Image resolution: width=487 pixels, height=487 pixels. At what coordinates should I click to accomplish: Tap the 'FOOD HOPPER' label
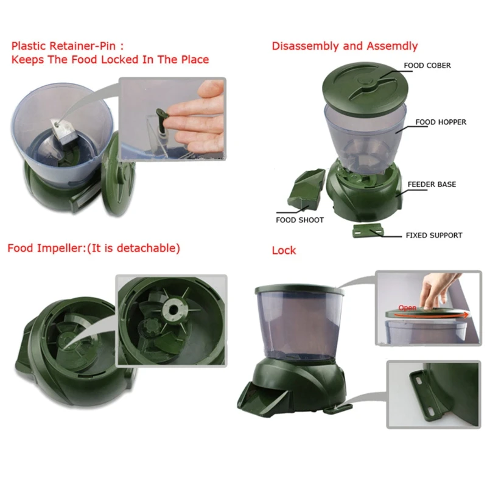tap(441, 122)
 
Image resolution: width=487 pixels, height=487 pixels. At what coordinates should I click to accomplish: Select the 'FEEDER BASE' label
tap(432, 184)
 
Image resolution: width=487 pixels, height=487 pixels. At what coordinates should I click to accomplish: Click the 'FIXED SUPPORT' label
tap(434, 235)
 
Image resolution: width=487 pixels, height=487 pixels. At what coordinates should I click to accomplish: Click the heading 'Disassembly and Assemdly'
tap(345, 46)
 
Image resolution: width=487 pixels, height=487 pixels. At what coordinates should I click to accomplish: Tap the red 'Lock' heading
tap(284, 250)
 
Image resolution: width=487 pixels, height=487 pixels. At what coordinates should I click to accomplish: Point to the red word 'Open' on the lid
tap(407, 307)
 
